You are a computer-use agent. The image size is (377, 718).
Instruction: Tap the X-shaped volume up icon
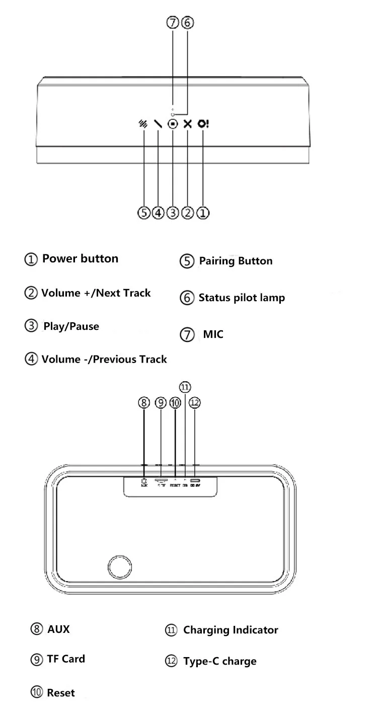point(188,124)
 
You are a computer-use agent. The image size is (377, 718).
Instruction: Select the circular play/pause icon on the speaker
point(173,124)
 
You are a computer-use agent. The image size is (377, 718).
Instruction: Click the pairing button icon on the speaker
point(144,124)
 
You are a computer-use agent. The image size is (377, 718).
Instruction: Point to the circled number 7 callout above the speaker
point(173,23)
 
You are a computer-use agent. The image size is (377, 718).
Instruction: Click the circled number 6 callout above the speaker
point(187,23)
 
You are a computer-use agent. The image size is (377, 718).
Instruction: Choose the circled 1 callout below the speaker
point(202,213)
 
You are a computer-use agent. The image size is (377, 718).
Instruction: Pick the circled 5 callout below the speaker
point(144,213)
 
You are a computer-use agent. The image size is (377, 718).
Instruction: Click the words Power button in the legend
point(80,259)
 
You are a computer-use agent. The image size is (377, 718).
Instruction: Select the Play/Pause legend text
point(71,326)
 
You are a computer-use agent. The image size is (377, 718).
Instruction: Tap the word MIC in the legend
point(213,334)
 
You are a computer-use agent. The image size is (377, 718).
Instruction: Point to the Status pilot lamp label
point(242,298)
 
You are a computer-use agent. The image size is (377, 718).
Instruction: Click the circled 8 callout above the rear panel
point(144,403)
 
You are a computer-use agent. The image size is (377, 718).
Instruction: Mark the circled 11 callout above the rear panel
point(185,387)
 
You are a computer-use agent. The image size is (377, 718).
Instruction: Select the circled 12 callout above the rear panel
point(195,403)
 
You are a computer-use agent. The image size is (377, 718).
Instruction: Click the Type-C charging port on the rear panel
point(195,481)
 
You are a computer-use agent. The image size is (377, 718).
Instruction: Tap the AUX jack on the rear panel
point(144,481)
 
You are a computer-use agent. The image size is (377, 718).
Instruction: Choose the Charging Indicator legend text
point(231,630)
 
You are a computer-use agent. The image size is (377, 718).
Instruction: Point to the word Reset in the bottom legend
point(60,693)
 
